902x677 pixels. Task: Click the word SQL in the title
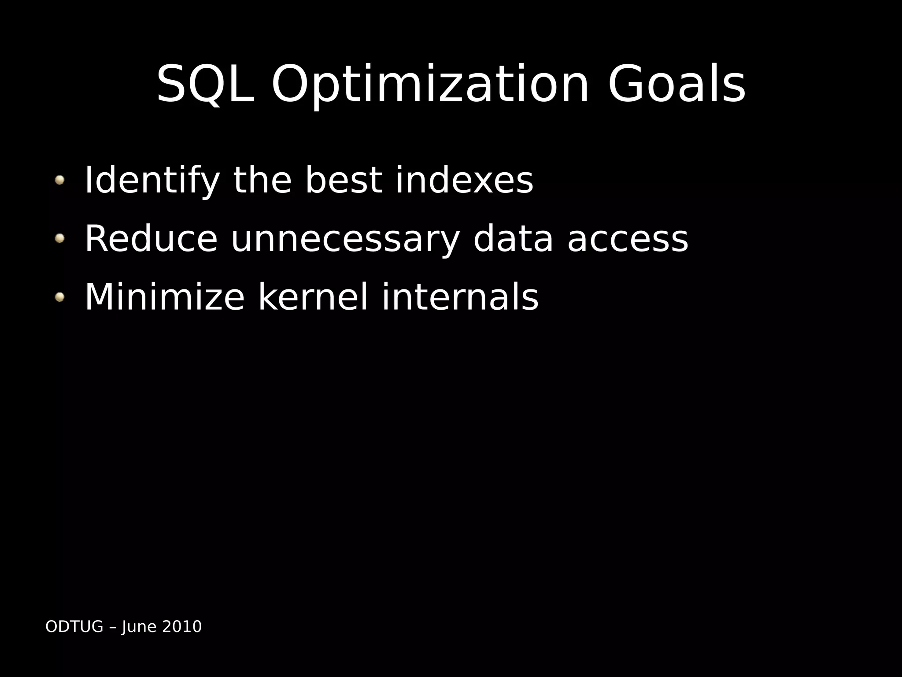206,84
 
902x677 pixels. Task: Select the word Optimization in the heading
430,84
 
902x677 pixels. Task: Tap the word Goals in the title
676,84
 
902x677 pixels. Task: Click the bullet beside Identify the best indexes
59,180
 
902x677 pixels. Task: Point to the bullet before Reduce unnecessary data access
59,238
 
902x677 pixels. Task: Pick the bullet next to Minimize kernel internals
59,297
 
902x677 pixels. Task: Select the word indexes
464,180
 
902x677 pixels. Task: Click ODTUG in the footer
74,626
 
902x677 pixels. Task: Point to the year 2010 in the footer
182,626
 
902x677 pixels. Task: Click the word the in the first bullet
262,180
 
